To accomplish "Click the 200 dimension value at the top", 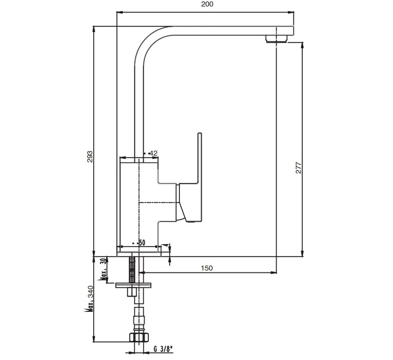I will click(207, 4).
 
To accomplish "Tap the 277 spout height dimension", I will click(299, 167).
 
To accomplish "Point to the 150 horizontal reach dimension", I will click(206, 268).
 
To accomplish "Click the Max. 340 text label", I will click(91, 300).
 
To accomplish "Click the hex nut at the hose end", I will click(139, 337).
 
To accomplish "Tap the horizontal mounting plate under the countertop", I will click(133, 284).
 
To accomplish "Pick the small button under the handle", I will click(190, 221).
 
